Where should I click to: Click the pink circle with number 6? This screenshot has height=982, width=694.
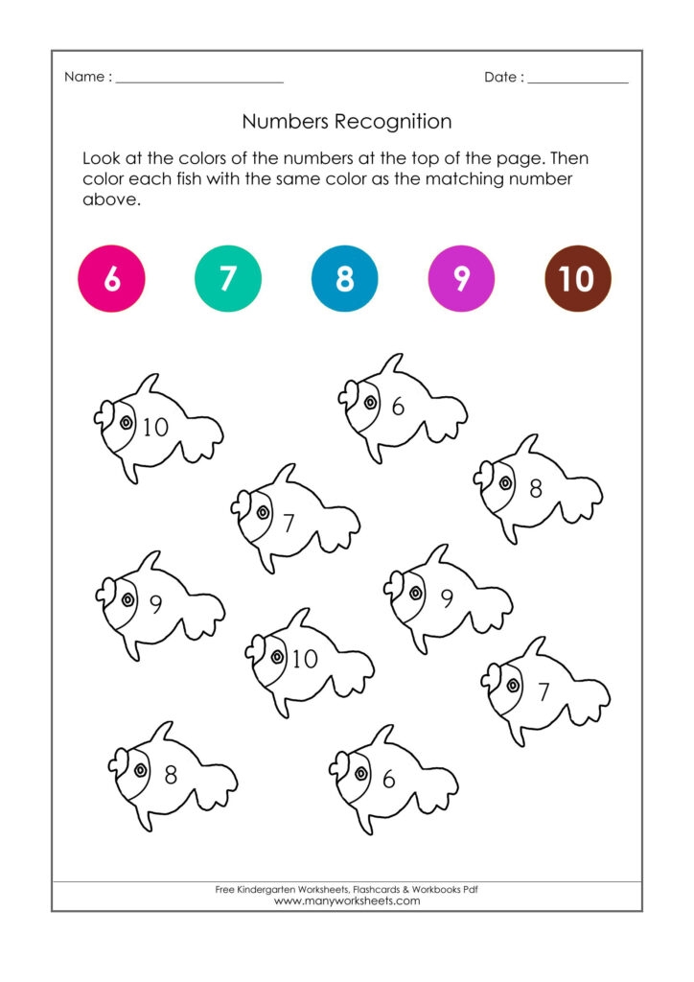point(111,279)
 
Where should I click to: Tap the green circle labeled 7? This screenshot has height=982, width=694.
point(227,279)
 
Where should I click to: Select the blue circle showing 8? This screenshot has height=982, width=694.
point(344,279)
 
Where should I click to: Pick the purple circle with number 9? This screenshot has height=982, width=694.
point(461,279)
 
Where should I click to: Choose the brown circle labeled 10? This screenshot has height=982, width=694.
point(577,279)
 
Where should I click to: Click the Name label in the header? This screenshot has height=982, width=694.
point(83,77)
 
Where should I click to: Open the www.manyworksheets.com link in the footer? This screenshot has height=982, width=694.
point(347,901)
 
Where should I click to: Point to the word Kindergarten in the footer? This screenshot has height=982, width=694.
point(269,890)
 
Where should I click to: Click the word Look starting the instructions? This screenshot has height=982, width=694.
point(103,157)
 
